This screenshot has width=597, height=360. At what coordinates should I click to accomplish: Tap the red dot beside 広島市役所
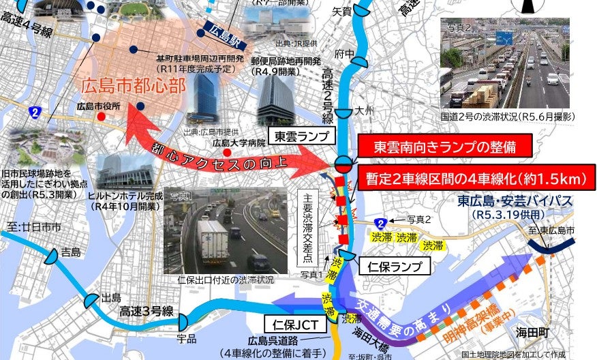pyautogui.click(x=101, y=117)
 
